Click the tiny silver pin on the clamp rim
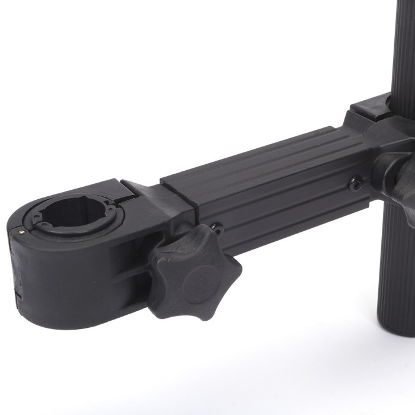(21, 232)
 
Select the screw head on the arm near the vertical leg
(355, 184)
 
